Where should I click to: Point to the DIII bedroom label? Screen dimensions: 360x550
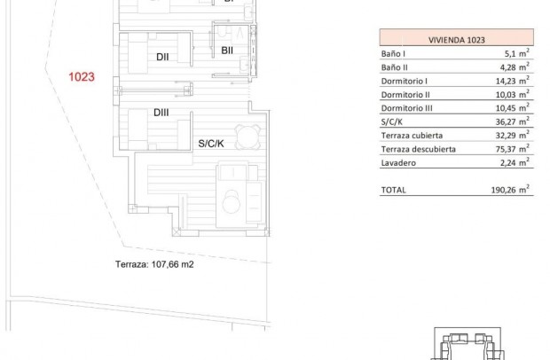click(x=162, y=113)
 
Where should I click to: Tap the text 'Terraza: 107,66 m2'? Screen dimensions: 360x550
click(x=154, y=263)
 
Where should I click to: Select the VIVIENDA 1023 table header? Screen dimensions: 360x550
click(x=456, y=39)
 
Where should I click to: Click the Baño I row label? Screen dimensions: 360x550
click(x=395, y=52)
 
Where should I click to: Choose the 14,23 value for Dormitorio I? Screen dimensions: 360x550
click(x=512, y=80)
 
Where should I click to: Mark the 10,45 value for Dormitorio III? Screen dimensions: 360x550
click(x=512, y=107)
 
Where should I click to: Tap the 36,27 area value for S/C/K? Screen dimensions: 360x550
click(x=512, y=121)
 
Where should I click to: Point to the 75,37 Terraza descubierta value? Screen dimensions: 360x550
click(x=512, y=149)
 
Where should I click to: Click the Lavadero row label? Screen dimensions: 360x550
click(x=398, y=162)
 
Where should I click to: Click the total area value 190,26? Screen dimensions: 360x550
click(x=510, y=189)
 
